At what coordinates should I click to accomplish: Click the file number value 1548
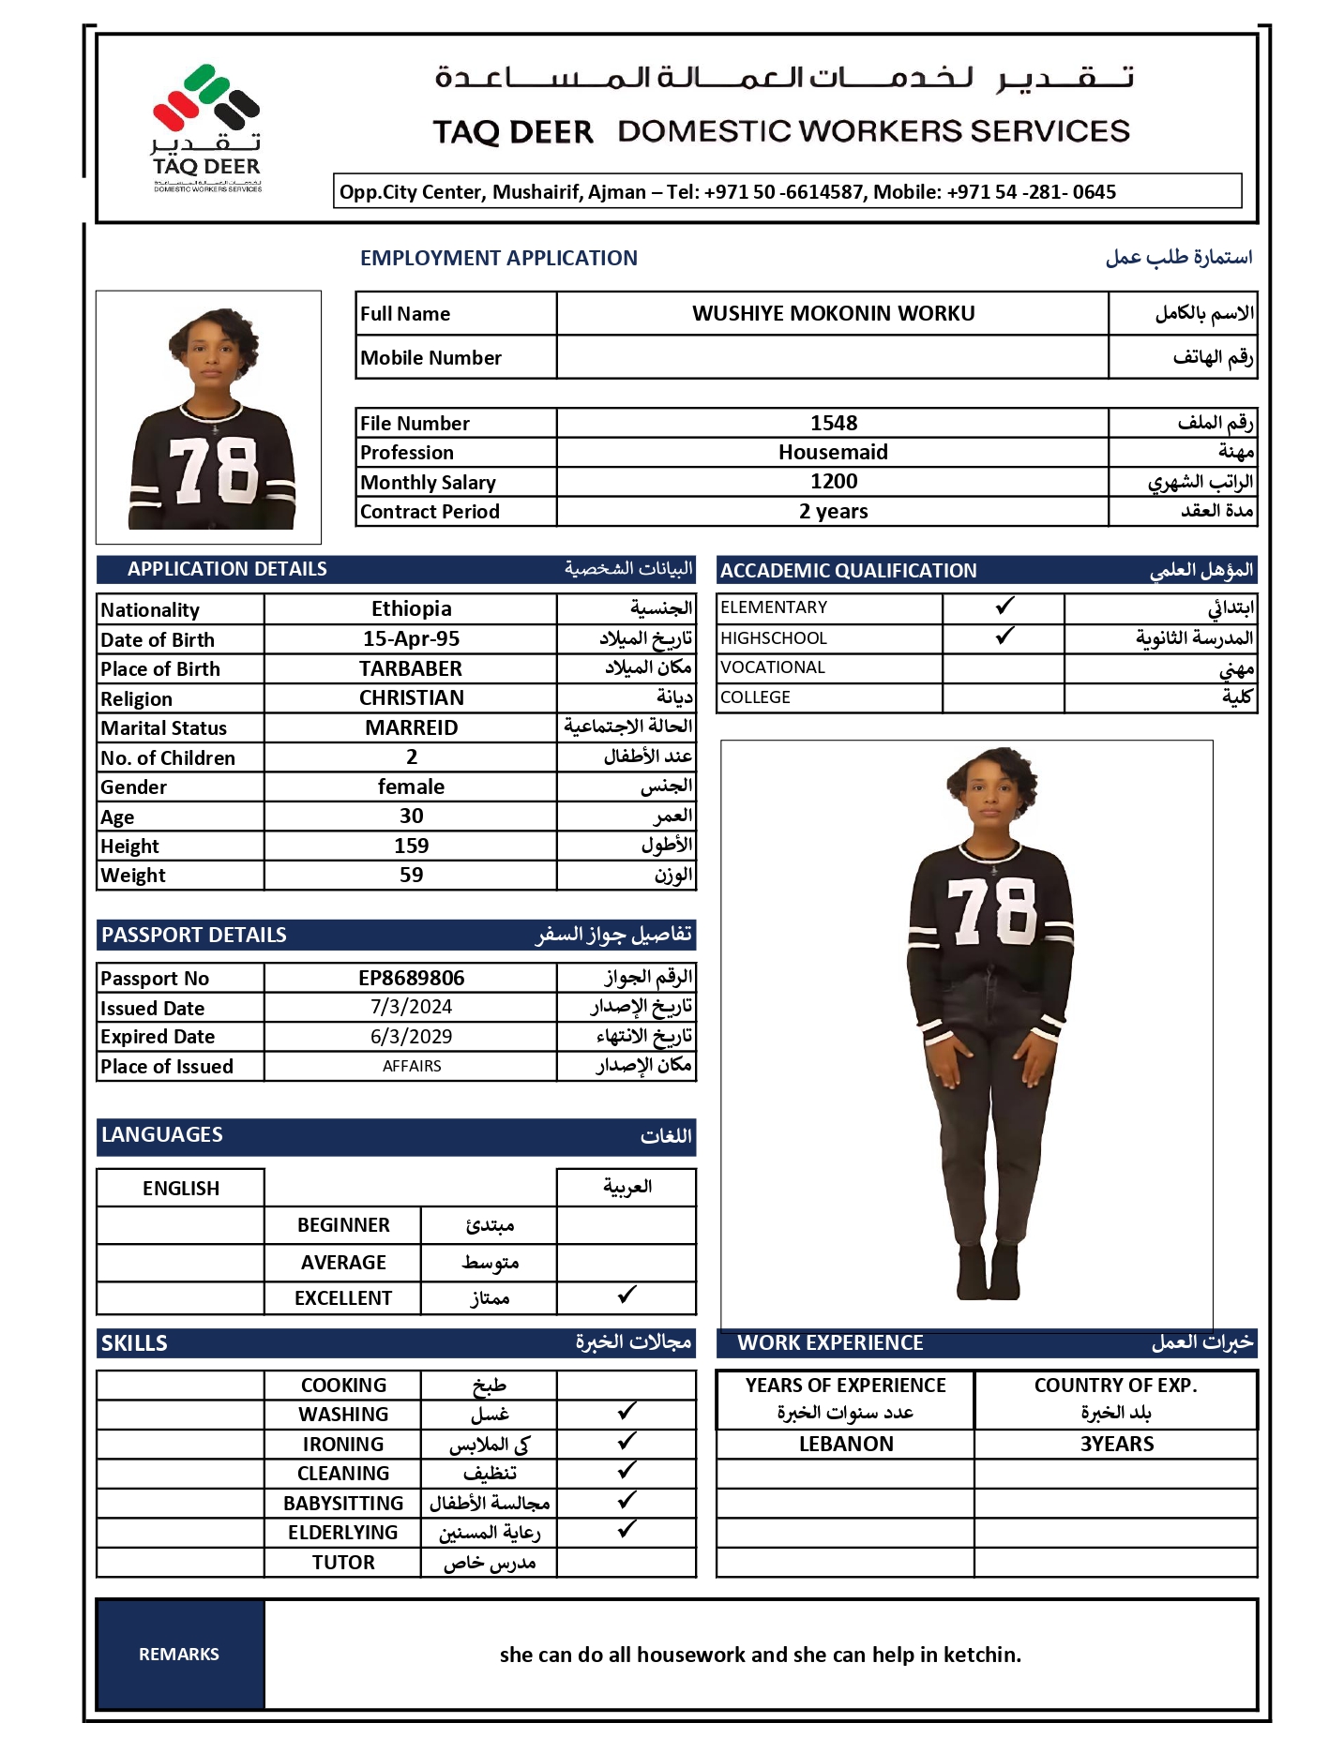click(x=833, y=423)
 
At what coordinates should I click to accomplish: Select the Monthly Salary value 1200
click(x=833, y=482)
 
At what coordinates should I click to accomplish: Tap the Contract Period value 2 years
click(x=833, y=511)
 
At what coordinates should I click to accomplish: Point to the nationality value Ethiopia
click(x=411, y=609)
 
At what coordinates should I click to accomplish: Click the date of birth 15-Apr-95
click(x=411, y=638)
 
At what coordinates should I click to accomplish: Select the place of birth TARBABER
click(x=411, y=668)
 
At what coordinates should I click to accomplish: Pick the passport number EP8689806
click(x=411, y=978)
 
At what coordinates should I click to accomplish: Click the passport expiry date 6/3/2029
click(x=411, y=1036)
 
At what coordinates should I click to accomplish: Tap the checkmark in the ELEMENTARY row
click(x=1004, y=606)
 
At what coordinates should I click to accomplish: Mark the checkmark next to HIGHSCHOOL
click(x=1004, y=636)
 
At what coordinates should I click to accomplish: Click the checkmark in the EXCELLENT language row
click(x=627, y=1295)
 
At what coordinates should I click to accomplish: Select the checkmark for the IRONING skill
click(x=627, y=1441)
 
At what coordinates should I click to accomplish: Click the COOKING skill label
click(x=343, y=1385)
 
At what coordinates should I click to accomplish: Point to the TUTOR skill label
click(x=343, y=1562)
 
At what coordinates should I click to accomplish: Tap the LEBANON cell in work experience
click(x=846, y=1444)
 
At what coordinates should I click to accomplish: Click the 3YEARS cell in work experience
click(x=1116, y=1444)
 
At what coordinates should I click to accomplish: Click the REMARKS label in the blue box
click(x=179, y=1655)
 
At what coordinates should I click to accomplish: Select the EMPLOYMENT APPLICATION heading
click(x=498, y=258)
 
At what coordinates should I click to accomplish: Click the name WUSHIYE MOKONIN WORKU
click(x=833, y=313)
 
